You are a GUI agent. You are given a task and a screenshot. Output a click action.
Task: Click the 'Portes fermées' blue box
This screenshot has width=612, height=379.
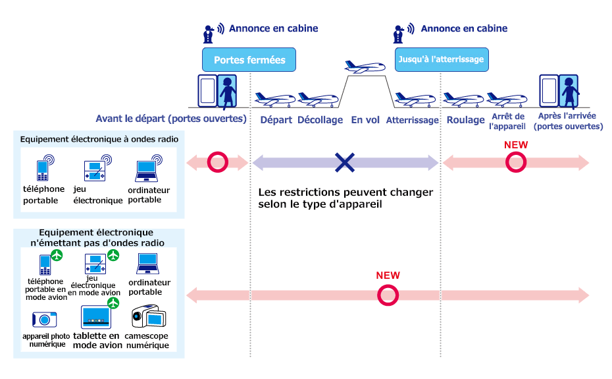(249, 60)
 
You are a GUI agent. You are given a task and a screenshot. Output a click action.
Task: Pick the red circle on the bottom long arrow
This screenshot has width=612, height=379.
(388, 295)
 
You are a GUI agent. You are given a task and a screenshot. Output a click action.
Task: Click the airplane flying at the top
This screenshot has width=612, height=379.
(365, 67)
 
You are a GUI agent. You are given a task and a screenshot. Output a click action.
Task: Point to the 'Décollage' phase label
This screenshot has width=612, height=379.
(320, 120)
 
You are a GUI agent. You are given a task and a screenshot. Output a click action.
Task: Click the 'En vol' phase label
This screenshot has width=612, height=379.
(365, 120)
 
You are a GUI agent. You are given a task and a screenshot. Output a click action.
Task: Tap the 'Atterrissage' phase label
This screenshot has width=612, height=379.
(412, 120)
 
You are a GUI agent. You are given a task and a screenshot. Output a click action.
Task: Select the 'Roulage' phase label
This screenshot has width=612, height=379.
(465, 120)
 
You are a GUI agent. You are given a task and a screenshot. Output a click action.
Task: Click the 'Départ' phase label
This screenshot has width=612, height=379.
(276, 120)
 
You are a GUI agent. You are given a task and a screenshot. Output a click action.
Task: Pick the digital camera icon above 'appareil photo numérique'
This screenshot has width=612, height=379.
(45, 320)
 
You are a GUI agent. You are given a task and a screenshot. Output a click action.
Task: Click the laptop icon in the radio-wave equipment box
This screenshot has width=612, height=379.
(146, 171)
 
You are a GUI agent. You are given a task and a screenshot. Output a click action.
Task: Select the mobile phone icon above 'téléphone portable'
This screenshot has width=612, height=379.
(44, 169)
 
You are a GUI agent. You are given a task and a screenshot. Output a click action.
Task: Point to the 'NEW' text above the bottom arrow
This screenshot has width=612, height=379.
(388, 276)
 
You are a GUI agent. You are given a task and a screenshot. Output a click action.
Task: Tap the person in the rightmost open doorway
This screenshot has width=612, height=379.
(567, 92)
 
